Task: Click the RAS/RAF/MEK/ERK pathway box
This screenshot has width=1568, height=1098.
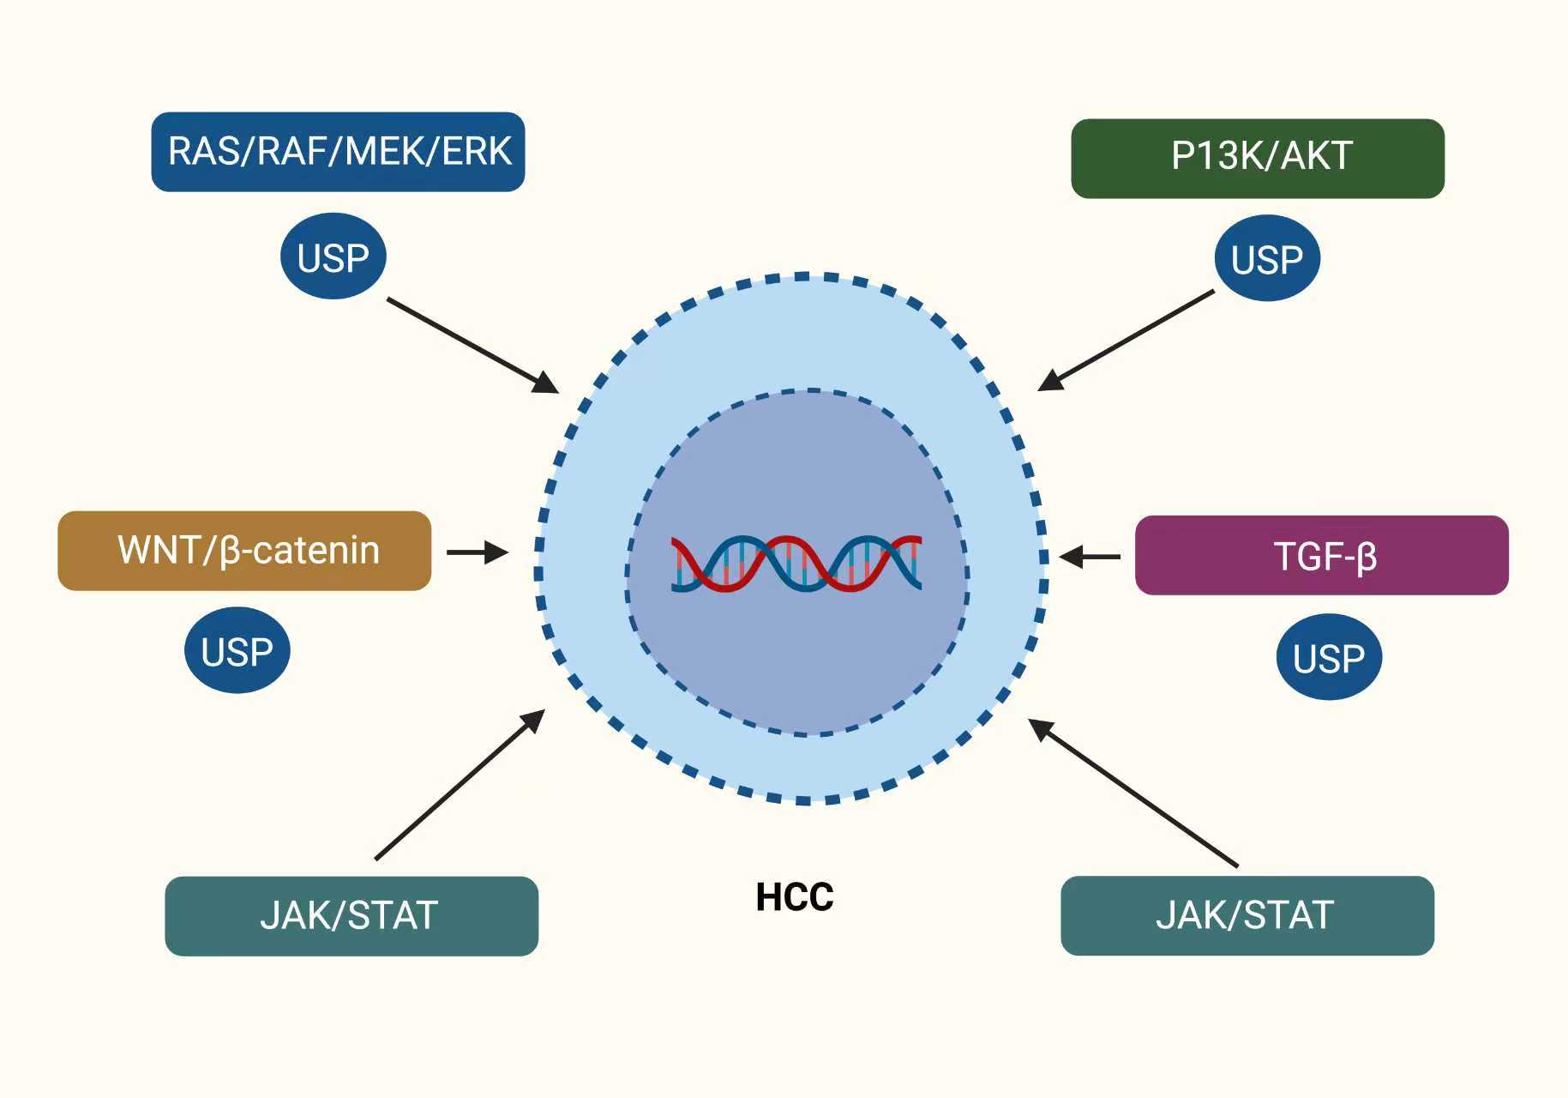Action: coord(338,152)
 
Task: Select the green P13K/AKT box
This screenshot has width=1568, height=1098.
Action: coord(1257,159)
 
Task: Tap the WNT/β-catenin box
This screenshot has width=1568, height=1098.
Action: coord(244,551)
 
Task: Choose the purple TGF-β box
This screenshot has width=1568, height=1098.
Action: coord(1321,556)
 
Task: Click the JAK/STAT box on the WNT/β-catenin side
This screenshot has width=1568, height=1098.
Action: coord(351,915)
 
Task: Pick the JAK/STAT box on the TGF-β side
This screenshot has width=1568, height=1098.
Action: coord(1247,915)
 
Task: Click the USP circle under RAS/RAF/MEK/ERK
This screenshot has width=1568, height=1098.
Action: coord(333,256)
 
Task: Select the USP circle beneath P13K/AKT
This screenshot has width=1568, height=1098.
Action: coord(1266,258)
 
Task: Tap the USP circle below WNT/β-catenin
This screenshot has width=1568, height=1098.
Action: coord(237,650)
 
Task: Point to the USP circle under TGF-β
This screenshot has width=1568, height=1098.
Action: coord(1329,657)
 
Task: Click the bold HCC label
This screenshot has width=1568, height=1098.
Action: coord(794,897)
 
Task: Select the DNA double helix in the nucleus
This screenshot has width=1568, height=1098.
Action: coord(796,563)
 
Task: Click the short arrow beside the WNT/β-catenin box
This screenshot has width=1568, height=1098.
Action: coord(477,552)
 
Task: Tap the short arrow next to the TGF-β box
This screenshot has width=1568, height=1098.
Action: coord(1090,557)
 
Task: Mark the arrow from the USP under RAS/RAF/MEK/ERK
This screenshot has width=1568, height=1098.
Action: coord(472,345)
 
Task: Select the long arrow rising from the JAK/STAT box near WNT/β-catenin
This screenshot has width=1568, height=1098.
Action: coord(460,784)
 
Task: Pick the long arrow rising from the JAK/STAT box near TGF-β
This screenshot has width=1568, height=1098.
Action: coord(1132,792)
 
